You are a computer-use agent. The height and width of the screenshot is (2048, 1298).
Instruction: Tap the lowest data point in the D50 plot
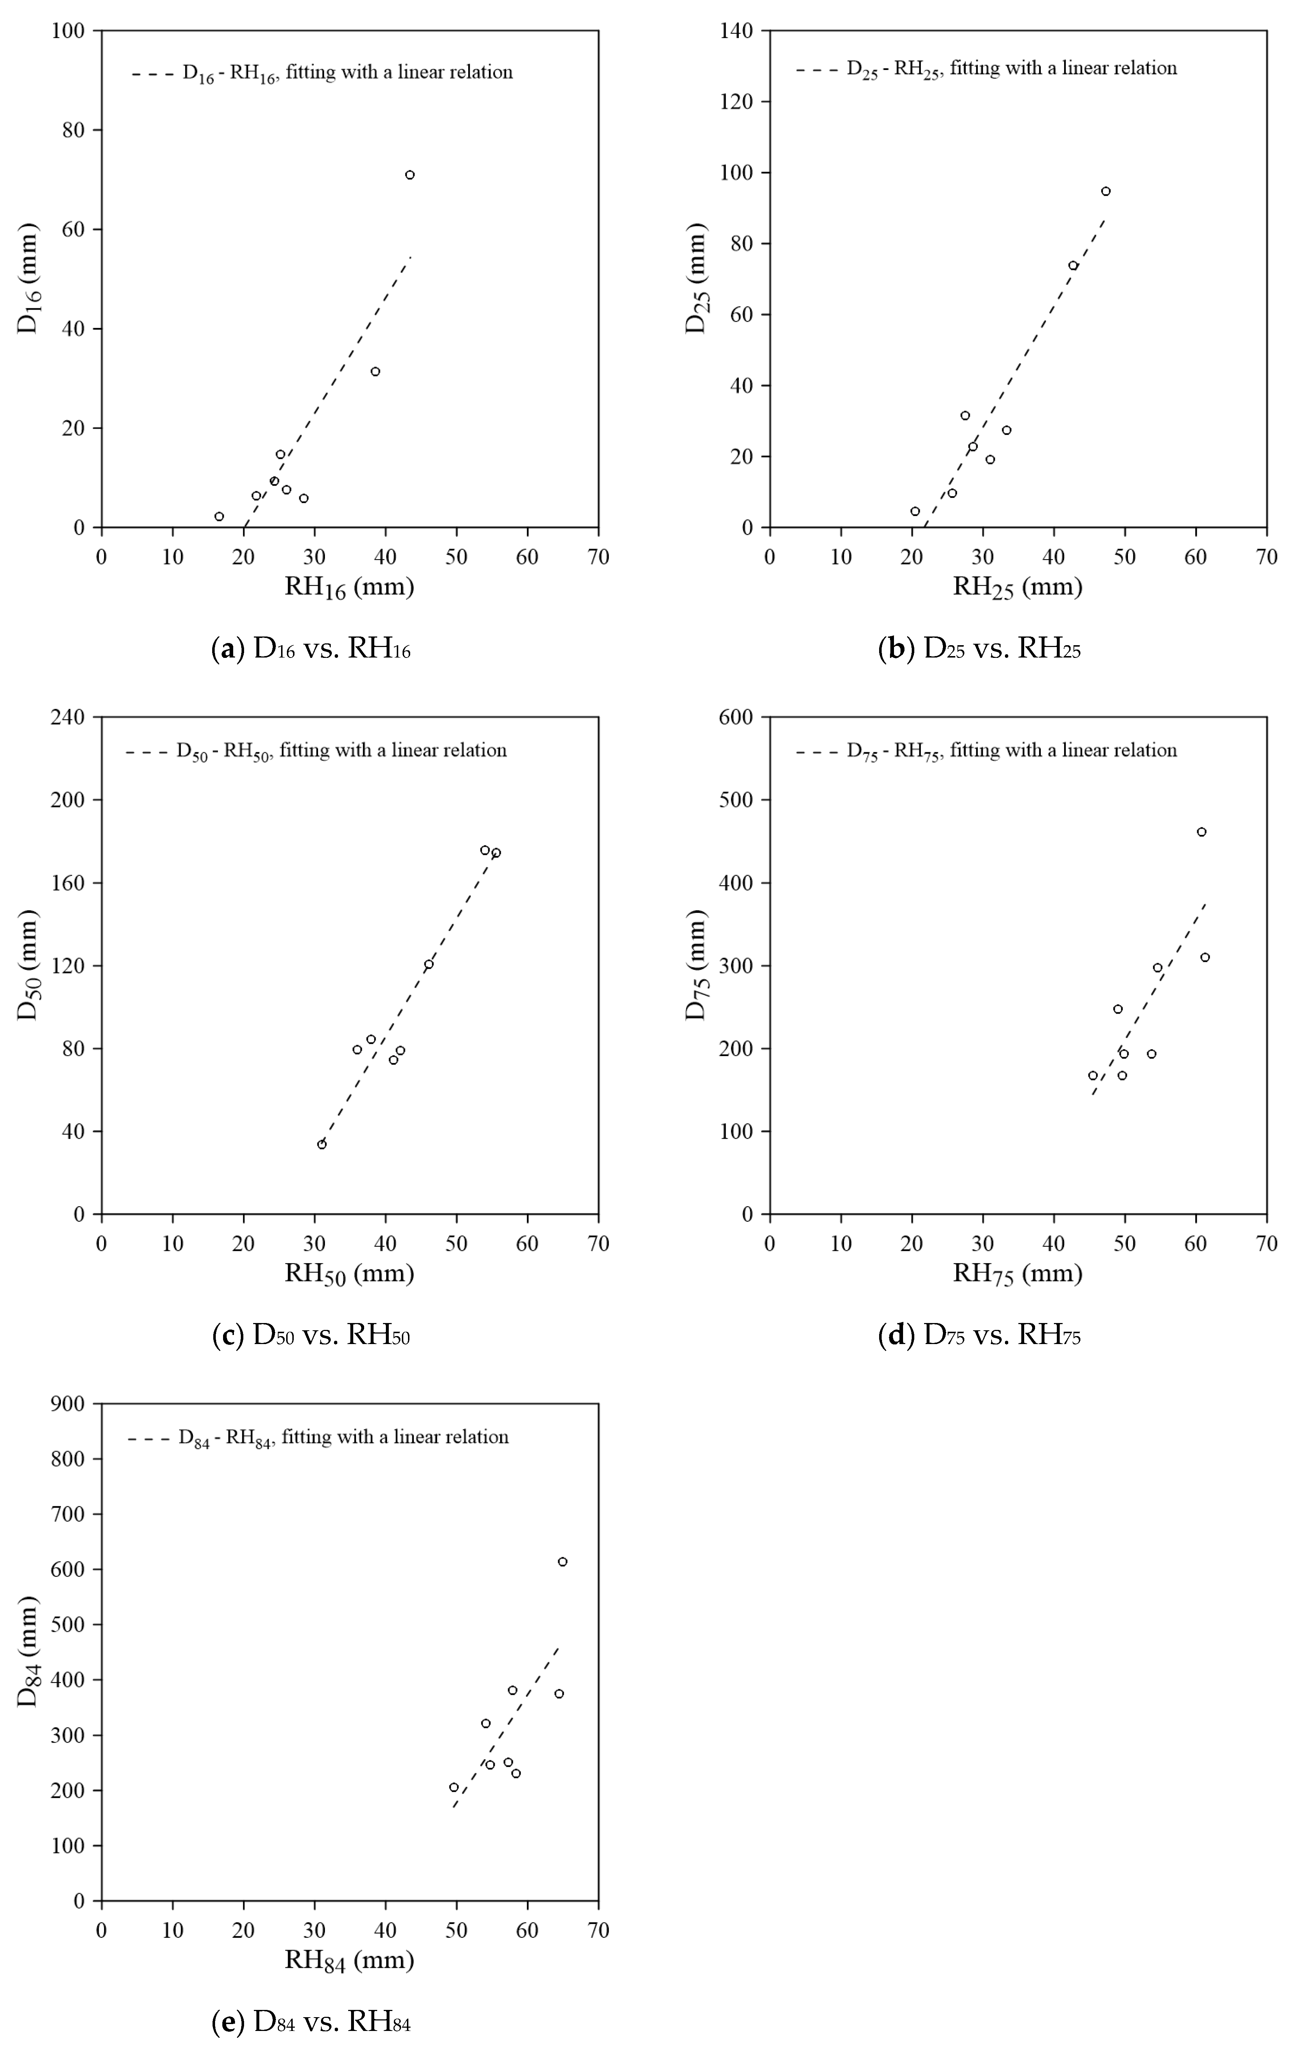[x=322, y=1144]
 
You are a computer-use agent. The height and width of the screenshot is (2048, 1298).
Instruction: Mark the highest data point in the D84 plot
[x=562, y=1562]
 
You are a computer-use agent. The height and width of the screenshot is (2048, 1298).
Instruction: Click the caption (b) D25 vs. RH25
[x=979, y=651]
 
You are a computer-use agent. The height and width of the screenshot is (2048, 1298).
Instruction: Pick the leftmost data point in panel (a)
[x=219, y=516]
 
